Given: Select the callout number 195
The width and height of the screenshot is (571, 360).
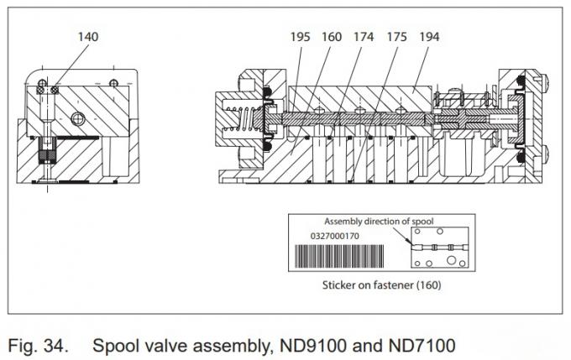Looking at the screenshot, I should [301, 36].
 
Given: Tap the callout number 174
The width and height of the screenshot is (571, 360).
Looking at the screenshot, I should [362, 36].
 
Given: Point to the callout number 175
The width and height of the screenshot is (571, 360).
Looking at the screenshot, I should [395, 36].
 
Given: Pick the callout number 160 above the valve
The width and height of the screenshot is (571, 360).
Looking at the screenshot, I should [332, 36].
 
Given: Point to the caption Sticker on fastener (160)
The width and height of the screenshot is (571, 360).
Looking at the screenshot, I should [382, 284].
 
